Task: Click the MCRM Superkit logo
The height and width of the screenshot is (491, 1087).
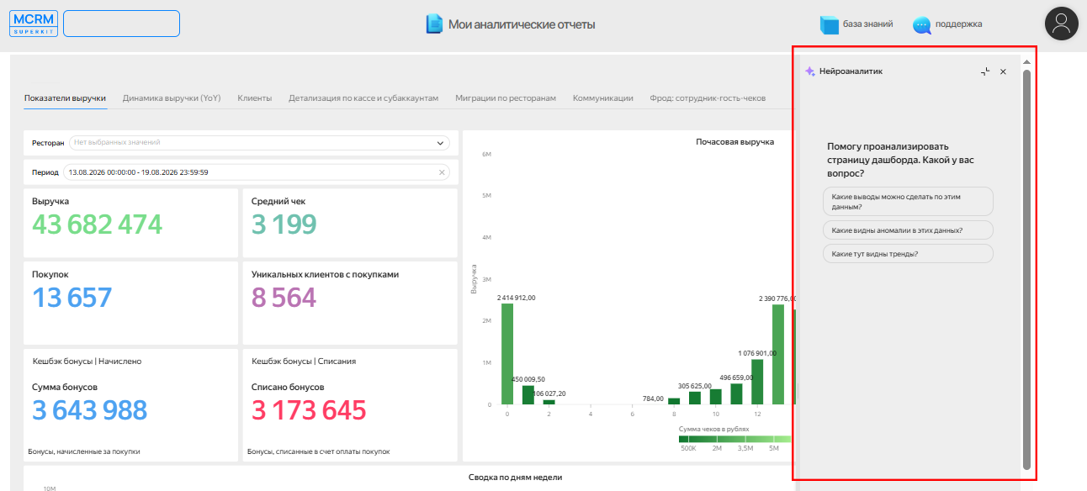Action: coord(34,24)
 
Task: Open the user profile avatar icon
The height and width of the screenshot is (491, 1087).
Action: coord(1061,24)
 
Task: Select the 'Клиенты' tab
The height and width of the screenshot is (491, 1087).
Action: coord(254,98)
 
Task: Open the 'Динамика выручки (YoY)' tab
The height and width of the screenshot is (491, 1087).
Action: coord(172,98)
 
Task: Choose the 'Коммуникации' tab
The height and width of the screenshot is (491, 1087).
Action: coord(602,98)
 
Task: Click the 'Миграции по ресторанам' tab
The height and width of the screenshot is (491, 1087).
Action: coord(505,98)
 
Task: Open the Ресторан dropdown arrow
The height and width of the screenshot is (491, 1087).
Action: coord(440,143)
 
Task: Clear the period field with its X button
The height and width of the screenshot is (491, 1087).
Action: coord(442,172)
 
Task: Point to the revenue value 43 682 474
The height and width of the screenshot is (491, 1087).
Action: coord(97,224)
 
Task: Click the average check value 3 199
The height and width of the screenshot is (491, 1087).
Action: coord(284,224)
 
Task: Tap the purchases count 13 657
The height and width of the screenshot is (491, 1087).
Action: coord(72,297)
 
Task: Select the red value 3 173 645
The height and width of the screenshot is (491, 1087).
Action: coord(309,410)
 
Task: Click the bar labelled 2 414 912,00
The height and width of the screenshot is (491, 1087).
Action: coord(507,354)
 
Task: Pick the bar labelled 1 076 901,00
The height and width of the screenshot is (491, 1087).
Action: coord(757,382)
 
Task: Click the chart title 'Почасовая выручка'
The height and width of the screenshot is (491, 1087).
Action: coord(734,142)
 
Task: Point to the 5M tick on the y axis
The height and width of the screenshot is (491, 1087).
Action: coord(486,195)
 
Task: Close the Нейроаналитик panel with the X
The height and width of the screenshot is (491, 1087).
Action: coord(1003,71)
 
